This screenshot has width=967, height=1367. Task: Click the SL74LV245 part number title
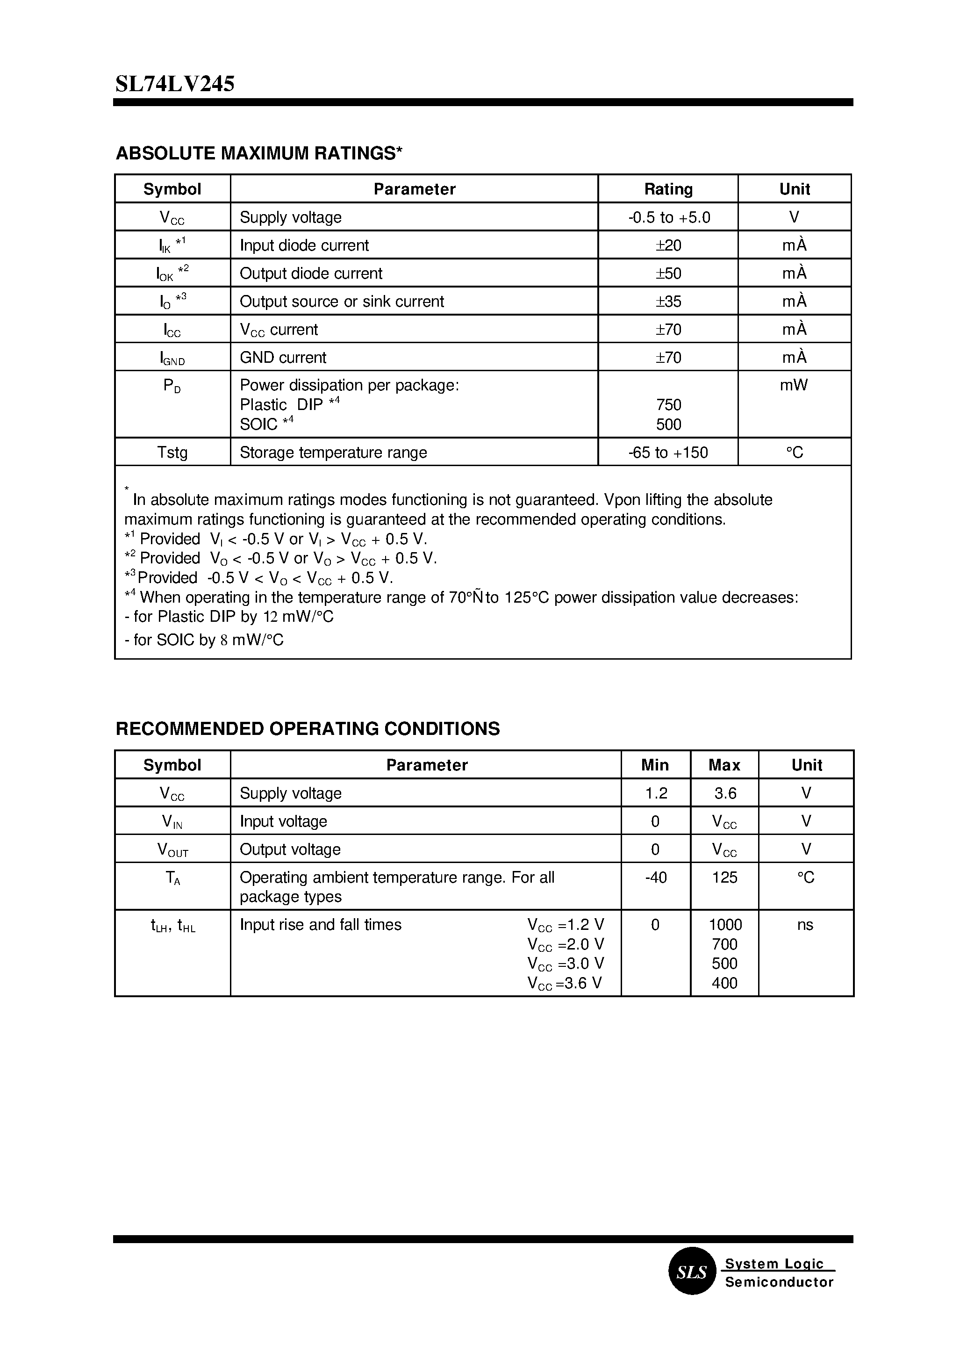click(175, 84)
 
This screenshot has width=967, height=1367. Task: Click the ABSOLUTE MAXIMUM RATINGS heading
click(259, 154)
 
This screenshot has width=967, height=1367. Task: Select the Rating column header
click(668, 189)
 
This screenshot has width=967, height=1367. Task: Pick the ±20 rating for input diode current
click(668, 245)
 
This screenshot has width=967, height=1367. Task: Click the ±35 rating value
click(668, 302)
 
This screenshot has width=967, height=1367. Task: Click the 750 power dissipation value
click(668, 405)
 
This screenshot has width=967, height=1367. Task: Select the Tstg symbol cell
click(172, 453)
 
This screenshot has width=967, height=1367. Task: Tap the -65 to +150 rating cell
click(668, 453)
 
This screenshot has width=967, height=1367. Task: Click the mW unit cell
click(794, 385)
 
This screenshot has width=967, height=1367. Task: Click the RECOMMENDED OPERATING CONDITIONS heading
click(307, 729)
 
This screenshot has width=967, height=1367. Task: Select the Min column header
click(655, 765)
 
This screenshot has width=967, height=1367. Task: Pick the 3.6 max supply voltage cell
click(724, 793)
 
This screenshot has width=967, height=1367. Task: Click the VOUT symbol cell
click(172, 850)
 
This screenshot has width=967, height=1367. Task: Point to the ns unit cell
click(805, 925)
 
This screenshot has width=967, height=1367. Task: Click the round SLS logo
click(691, 1272)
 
